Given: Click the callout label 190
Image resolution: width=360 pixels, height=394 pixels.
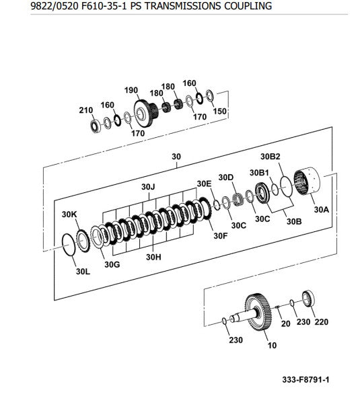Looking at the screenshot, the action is [x=131, y=90].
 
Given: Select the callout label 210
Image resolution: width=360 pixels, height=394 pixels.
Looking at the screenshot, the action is [x=85, y=110].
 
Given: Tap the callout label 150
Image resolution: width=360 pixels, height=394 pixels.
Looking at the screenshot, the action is [x=219, y=111].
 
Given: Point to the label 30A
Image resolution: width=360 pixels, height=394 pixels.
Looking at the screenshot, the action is [x=321, y=209].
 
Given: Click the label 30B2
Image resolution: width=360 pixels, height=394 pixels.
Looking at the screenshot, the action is [x=270, y=157].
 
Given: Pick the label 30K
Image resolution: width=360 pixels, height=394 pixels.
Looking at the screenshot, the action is [x=69, y=214].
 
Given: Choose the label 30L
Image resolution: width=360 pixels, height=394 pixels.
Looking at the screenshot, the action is [x=83, y=272].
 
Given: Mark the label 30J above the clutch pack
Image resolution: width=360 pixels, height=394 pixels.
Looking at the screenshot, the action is [x=148, y=187].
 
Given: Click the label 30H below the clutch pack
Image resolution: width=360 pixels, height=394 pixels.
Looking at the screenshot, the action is [x=153, y=257].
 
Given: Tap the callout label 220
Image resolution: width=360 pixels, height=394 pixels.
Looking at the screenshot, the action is [x=321, y=322].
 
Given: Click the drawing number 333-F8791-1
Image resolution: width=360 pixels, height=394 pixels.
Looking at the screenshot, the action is [x=305, y=380].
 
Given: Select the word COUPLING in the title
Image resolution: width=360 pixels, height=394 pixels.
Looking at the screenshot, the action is [x=248, y=6].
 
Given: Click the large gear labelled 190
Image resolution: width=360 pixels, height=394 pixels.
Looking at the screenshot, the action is [x=145, y=114].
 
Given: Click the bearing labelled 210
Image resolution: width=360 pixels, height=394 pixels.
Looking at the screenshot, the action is [x=96, y=126].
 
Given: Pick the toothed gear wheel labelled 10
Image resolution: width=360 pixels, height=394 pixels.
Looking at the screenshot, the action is [x=258, y=312].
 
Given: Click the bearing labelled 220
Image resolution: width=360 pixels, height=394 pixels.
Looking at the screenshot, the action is [x=308, y=299].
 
